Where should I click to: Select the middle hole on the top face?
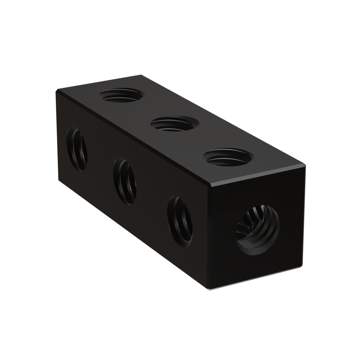174,124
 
